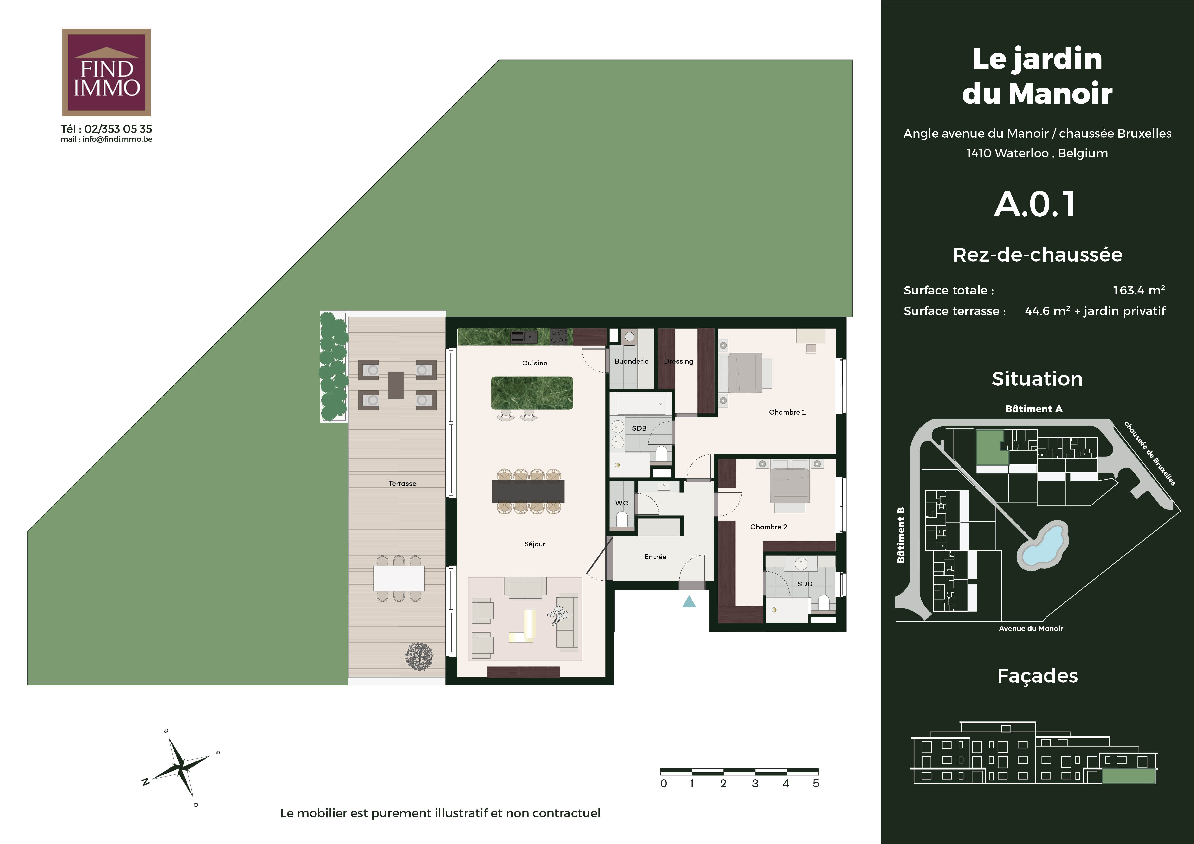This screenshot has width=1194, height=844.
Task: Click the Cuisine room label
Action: click(x=535, y=363)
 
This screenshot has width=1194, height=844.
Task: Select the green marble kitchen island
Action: click(x=532, y=393)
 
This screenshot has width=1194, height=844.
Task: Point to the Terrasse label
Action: click(x=402, y=483)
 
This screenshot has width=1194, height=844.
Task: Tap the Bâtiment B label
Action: click(x=901, y=535)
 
